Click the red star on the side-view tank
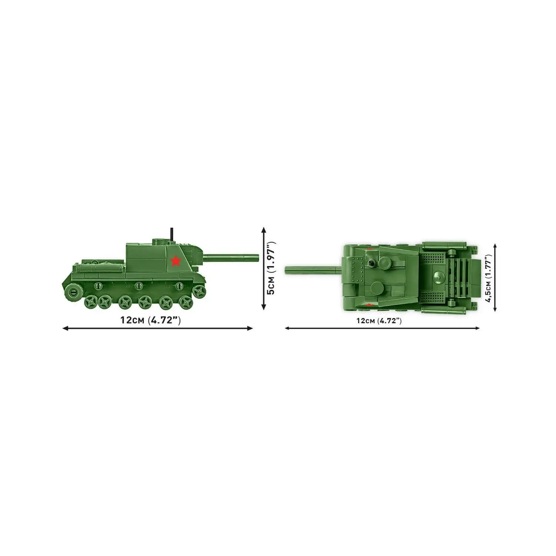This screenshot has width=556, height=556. (176, 261)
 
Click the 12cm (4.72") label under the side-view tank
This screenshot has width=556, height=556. (150, 320)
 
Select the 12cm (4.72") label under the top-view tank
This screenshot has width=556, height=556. (379, 321)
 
